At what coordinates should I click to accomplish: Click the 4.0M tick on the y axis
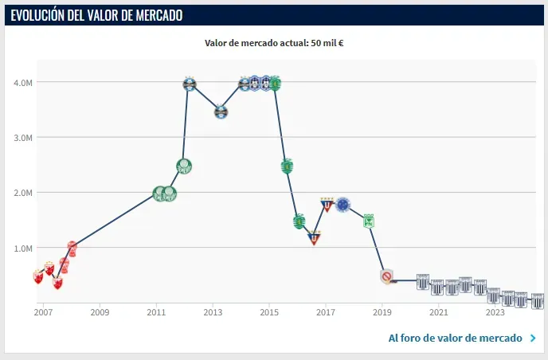22,82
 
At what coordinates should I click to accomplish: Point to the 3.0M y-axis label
22,137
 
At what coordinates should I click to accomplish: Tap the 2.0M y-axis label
22,193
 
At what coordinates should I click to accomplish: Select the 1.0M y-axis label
22,248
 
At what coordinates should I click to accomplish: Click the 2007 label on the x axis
43,312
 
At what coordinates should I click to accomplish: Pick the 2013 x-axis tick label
212,312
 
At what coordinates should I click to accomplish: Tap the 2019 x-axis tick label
382,312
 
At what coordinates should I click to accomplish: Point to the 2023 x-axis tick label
495,312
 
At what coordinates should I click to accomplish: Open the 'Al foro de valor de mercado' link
455,338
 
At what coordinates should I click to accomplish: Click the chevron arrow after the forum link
532,338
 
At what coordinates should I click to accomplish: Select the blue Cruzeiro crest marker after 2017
343,205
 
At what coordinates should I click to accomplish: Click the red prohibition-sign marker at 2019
387,277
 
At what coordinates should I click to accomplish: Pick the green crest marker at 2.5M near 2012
184,166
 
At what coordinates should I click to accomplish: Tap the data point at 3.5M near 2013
221,112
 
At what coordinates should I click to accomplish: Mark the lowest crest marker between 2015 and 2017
314,237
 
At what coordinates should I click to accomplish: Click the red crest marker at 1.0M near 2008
72,248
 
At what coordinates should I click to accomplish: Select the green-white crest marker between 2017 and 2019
370,221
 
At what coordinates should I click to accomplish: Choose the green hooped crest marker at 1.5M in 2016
299,221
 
